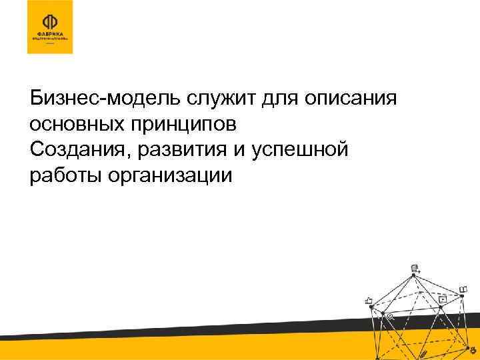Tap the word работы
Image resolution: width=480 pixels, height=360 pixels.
click(x=61, y=176)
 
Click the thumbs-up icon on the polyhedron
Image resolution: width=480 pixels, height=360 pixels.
click(x=368, y=301)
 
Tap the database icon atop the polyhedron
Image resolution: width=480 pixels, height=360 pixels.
click(x=415, y=268)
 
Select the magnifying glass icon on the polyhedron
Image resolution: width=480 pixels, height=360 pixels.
click(x=391, y=318)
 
